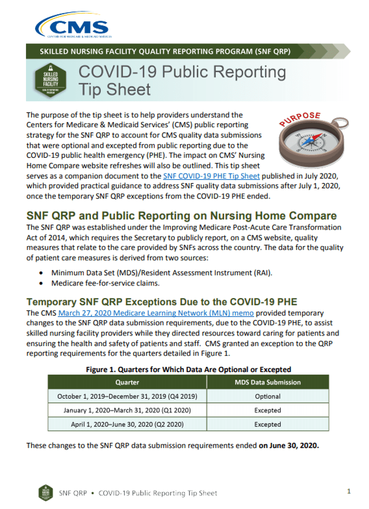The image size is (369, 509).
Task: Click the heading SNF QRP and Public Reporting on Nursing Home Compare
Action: (181, 216)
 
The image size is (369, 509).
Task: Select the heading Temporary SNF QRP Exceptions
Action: (162, 301)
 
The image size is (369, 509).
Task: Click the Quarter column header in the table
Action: (127, 382)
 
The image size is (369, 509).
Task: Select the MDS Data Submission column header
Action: (268, 382)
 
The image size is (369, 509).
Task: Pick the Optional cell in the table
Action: (268, 396)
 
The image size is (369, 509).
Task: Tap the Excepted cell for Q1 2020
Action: (268, 410)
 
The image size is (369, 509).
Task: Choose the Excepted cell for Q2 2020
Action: (268, 424)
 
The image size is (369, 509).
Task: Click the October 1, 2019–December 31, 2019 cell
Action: (127, 396)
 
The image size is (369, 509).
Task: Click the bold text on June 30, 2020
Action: (289, 445)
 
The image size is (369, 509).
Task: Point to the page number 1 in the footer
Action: (349, 491)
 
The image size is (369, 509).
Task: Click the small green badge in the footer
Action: (45, 492)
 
